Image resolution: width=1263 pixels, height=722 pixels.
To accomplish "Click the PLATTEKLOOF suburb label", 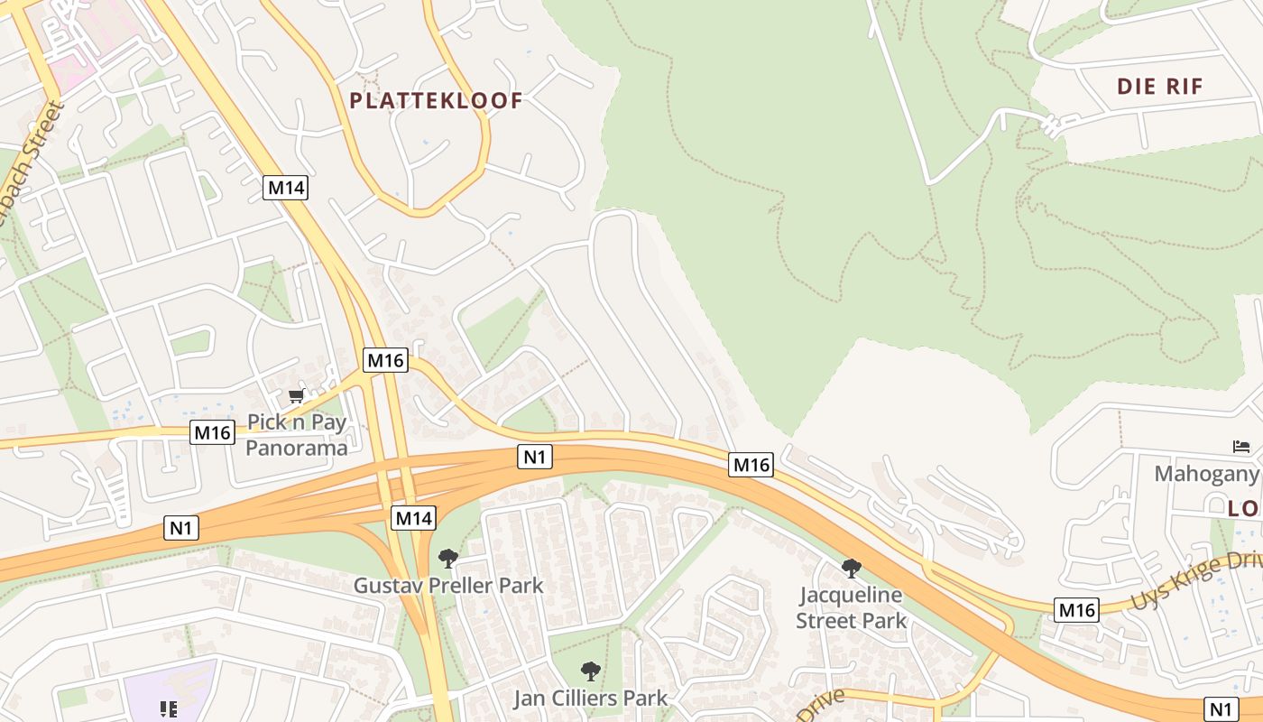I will (x=436, y=100).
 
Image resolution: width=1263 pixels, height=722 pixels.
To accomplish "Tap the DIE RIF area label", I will (x=1159, y=87).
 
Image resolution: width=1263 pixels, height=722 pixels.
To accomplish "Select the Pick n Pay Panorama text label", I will (x=297, y=435).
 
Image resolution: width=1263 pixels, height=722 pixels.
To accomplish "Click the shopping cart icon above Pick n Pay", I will (x=296, y=395).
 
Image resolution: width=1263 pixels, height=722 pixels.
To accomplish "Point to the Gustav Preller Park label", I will (x=448, y=586).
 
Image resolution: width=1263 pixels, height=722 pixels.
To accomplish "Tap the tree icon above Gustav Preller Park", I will (x=447, y=559).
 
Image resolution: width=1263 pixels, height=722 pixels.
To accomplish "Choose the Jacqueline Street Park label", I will (x=851, y=608).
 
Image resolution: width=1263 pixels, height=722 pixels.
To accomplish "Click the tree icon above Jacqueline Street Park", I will (x=851, y=568).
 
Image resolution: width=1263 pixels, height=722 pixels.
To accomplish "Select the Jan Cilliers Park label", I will (x=591, y=699).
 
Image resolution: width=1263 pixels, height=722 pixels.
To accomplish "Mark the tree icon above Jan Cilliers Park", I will (x=591, y=671).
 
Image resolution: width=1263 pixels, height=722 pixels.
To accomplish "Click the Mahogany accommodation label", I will (x=1207, y=474).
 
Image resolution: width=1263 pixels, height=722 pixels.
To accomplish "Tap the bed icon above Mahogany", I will (x=1241, y=447).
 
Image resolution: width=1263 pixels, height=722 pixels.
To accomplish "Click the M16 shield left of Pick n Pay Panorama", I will (x=213, y=432).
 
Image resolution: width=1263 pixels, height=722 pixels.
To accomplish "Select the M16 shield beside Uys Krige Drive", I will (x=1076, y=610).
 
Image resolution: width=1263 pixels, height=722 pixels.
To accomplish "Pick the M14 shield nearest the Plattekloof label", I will (x=286, y=188).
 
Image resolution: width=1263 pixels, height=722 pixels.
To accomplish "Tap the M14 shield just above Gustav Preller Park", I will (x=414, y=518).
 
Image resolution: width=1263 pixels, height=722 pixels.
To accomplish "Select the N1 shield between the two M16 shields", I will (x=535, y=458).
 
